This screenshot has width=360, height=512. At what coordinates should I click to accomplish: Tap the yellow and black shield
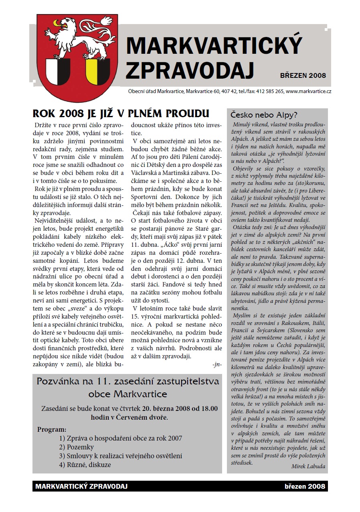click(97, 69)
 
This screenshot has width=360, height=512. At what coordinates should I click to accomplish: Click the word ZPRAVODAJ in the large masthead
click(190, 70)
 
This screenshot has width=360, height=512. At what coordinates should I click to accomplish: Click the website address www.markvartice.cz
click(309, 91)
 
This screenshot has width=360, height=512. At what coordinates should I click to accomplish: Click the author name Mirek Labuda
click(308, 466)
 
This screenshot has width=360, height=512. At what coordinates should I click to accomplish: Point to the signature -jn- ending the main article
click(217, 364)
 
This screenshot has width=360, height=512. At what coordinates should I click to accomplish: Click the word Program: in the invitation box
click(52, 429)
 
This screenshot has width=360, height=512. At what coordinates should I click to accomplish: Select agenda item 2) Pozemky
click(76, 447)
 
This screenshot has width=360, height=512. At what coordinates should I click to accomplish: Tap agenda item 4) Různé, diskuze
click(85, 465)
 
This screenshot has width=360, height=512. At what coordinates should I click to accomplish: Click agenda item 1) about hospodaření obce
click(120, 438)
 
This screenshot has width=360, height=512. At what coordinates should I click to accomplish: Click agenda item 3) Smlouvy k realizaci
click(120, 456)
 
